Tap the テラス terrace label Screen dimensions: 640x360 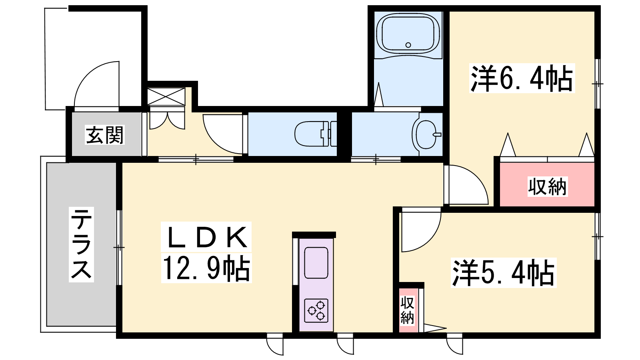click(82, 244)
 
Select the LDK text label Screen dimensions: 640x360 click(206, 237)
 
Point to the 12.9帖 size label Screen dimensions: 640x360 click(206, 268)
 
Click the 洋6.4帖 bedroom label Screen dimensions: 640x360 click(522, 78)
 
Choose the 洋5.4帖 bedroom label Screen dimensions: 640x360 click(504, 273)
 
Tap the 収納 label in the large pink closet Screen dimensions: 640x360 click(547, 187)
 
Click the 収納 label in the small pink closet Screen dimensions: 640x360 click(407, 310)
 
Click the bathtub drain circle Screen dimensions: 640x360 click(408, 45)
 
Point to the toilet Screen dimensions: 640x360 click(316, 134)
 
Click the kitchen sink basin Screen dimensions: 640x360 click(316, 263)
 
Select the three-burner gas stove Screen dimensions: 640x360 click(316, 310)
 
